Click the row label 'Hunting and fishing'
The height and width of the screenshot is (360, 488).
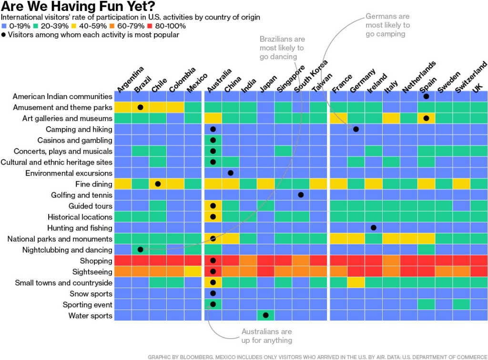point(80,228)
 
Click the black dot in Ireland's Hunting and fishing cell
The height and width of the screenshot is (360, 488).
point(373,228)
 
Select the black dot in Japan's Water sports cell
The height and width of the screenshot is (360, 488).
point(265,315)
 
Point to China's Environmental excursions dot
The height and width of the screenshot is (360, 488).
point(231,173)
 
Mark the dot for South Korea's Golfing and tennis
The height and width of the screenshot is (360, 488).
point(301,195)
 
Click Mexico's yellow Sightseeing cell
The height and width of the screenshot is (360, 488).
point(193,272)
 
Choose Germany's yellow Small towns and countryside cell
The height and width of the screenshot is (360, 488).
point(356,283)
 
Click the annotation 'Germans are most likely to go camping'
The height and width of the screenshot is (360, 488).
point(387,25)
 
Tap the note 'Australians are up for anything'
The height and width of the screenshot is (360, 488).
point(266,336)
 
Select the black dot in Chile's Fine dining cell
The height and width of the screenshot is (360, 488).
point(158,184)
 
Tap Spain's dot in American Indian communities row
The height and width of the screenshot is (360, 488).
point(426,96)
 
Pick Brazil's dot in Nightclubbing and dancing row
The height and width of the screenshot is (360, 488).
point(140,250)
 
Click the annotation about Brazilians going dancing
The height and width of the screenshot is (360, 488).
point(282,48)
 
